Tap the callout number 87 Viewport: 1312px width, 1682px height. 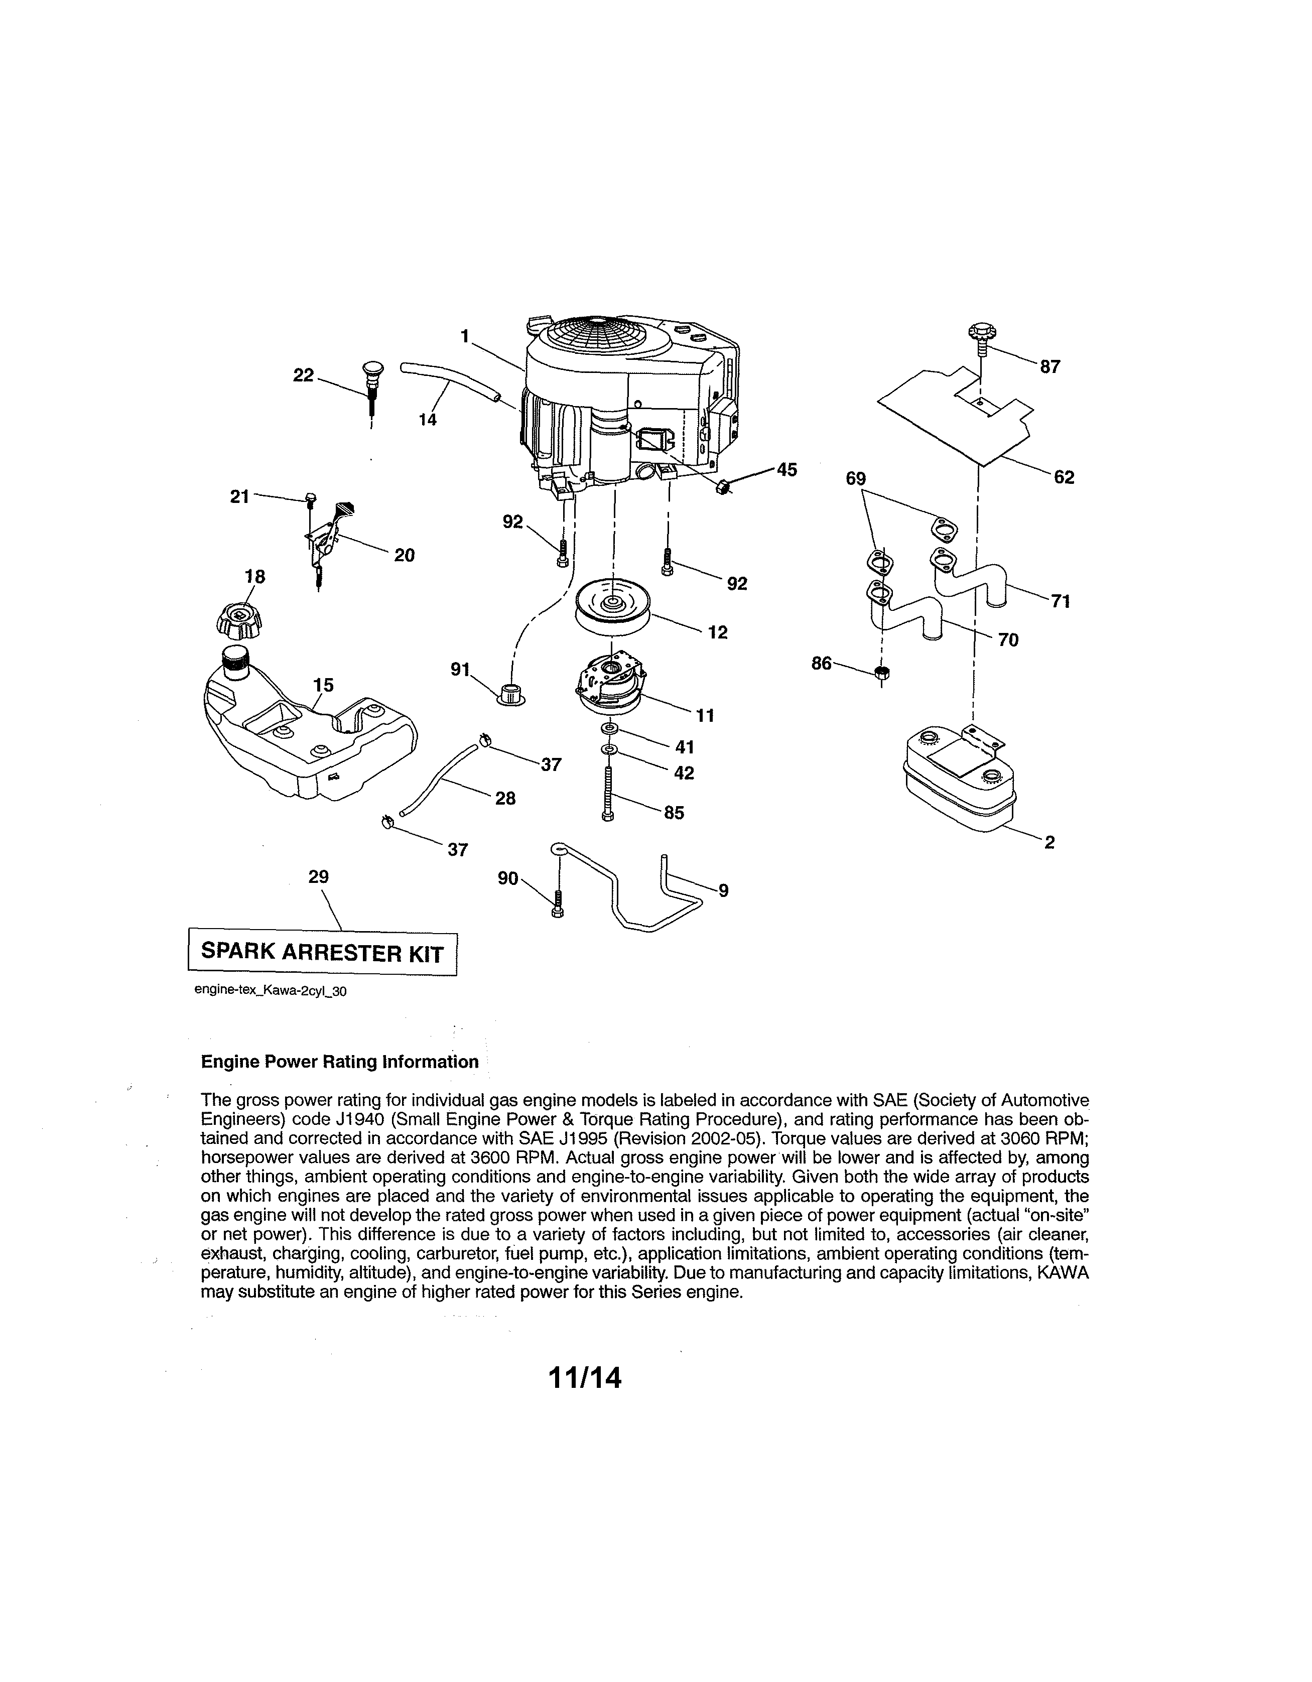pyautogui.click(x=1049, y=367)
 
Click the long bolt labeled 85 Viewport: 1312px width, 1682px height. pyautogui.click(x=609, y=793)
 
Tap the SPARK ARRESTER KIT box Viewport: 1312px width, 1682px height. pyautogui.click(x=323, y=954)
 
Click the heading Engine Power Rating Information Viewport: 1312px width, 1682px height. pyautogui.click(x=340, y=1062)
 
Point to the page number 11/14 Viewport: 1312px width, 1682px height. pyautogui.click(x=584, y=1378)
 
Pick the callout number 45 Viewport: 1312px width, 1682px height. pyautogui.click(x=786, y=470)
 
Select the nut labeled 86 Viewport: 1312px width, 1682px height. pyautogui.click(x=882, y=672)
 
